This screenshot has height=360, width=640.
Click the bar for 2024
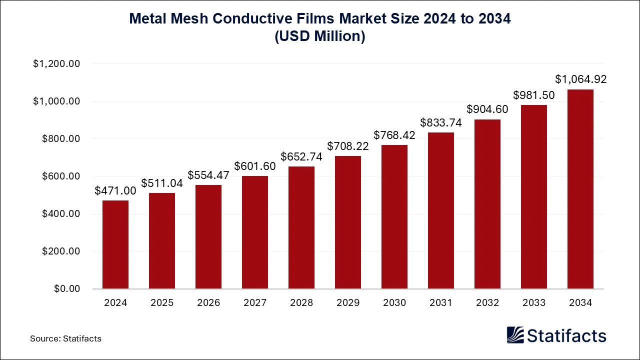(x=115, y=244)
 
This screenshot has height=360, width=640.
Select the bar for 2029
(x=347, y=222)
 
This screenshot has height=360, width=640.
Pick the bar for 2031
(x=440, y=210)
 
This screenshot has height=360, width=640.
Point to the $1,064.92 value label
(x=580, y=79)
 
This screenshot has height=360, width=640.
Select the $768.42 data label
(x=394, y=135)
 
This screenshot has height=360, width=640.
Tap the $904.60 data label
(x=487, y=109)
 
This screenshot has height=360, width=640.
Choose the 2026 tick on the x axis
(x=208, y=303)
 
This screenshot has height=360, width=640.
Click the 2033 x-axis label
(x=533, y=303)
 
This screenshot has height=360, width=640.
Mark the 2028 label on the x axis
(x=301, y=303)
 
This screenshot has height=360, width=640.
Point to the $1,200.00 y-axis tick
(x=56, y=64)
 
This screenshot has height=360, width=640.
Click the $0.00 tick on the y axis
(x=66, y=289)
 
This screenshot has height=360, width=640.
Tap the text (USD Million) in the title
(x=320, y=37)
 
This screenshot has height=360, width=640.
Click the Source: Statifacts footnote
(x=65, y=338)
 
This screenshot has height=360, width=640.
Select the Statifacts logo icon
(x=515, y=335)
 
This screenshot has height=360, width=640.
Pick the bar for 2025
(x=161, y=241)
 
